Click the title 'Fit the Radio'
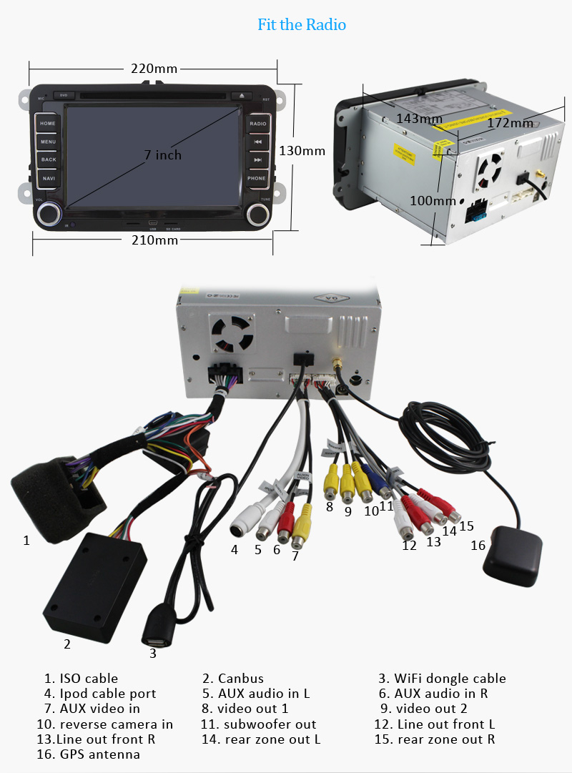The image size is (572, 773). coord(302,25)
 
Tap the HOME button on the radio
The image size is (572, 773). coord(48,124)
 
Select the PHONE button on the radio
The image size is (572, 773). coord(257,178)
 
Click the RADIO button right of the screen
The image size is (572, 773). coord(257,124)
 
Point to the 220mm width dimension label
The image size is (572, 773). coord(154,69)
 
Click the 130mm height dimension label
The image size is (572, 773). coord(302,151)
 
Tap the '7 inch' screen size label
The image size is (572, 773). coord(163,155)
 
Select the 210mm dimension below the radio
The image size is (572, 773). coord(154,240)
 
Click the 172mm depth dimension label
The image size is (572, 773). coord(510,123)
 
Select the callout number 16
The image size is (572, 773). coord(478,546)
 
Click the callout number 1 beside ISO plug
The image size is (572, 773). coord(26,541)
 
